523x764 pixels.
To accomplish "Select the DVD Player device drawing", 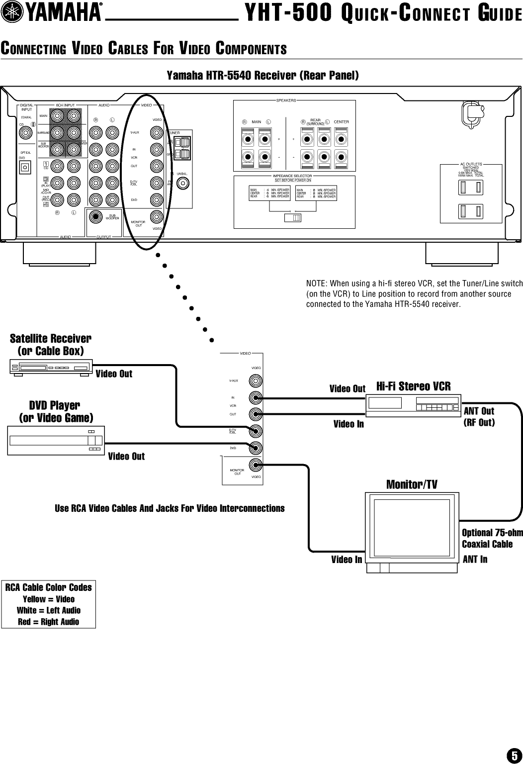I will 56,440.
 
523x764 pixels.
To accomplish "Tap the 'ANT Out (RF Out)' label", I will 479,417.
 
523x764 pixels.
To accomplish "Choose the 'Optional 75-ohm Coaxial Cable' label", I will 492,538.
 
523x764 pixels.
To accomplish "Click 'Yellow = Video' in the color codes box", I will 49,599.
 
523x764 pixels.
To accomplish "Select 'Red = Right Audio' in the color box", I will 49,622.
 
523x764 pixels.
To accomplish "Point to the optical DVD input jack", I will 24,168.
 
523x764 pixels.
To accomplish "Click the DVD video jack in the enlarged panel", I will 256,448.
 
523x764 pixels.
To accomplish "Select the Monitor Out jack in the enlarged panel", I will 256,466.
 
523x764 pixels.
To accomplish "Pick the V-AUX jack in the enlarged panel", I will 256,381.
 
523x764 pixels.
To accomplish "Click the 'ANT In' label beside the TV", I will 475,560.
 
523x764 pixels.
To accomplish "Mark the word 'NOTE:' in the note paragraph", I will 320,284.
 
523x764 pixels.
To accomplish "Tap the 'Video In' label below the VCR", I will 349,424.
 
